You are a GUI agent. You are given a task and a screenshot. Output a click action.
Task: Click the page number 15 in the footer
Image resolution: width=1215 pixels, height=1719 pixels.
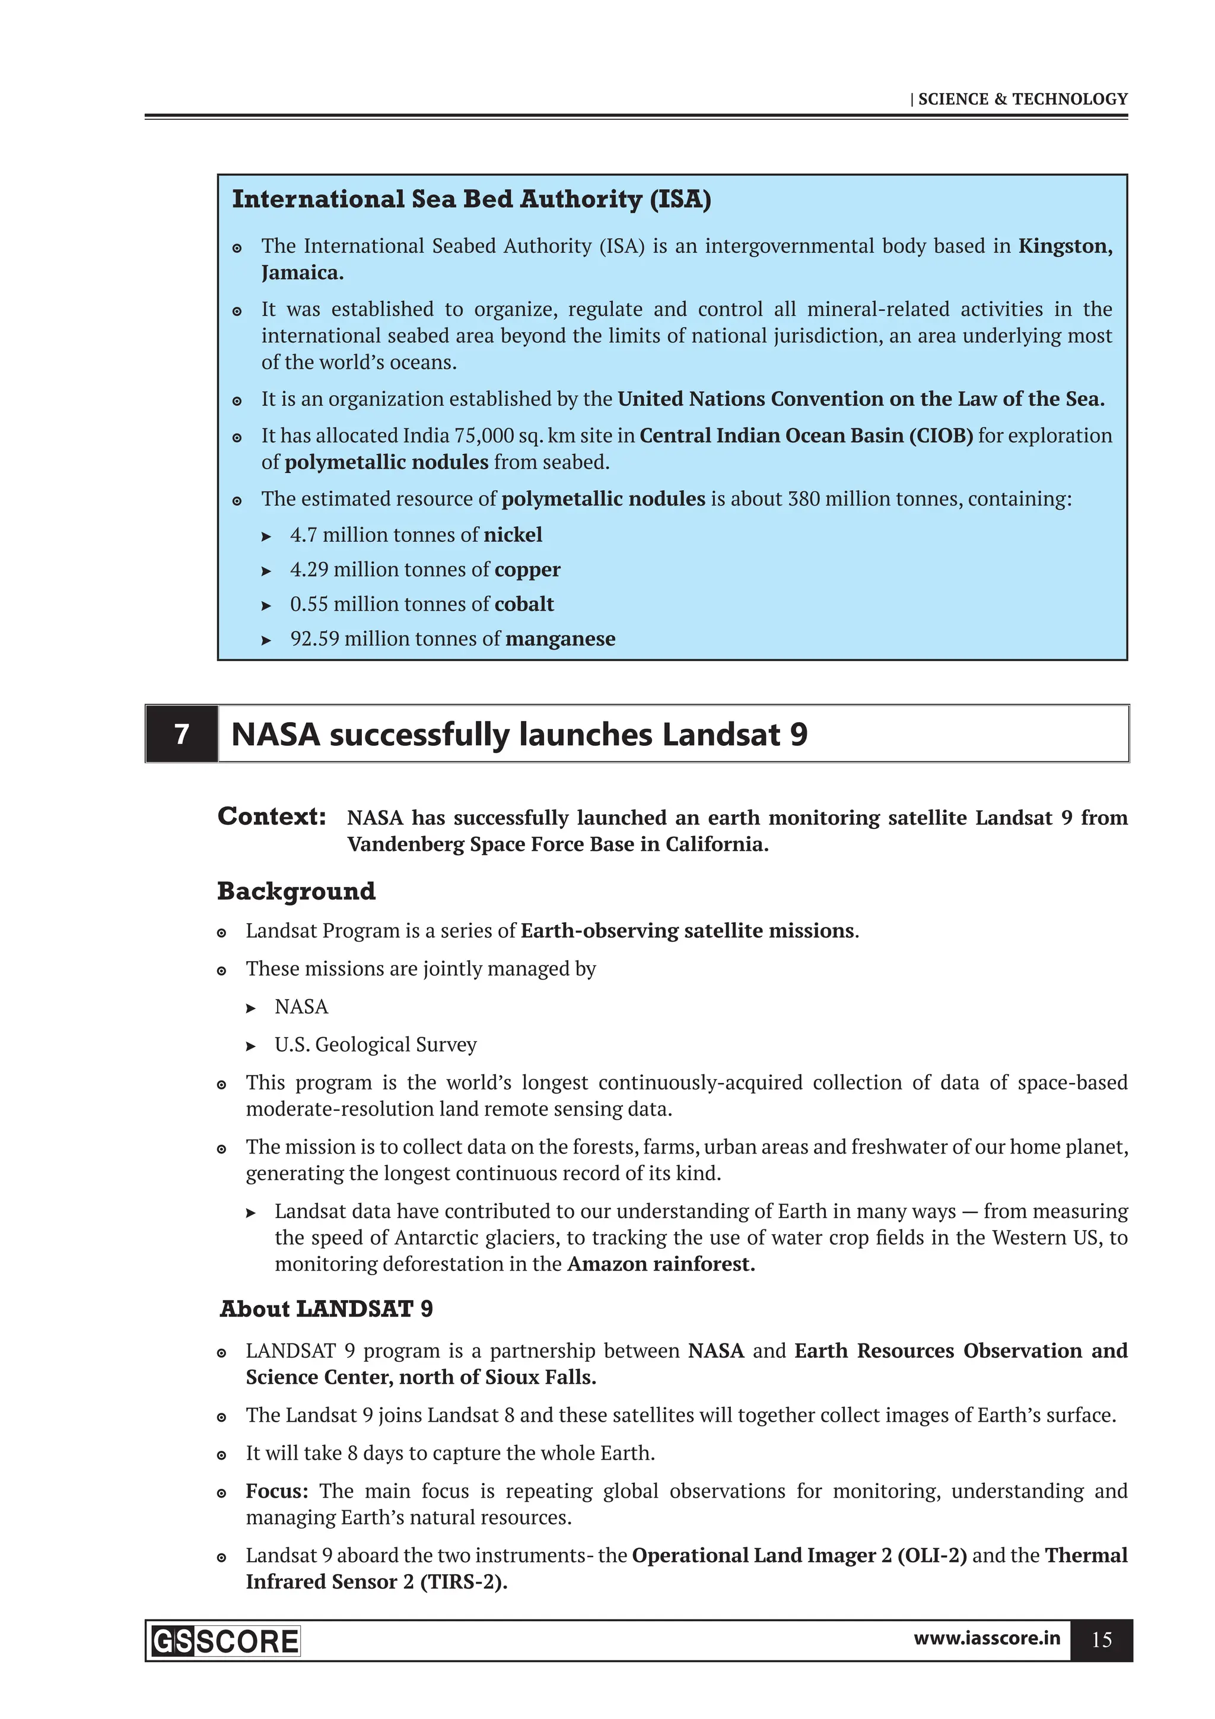point(1101,1639)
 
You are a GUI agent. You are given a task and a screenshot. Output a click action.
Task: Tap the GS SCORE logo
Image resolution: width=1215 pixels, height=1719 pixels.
point(225,1641)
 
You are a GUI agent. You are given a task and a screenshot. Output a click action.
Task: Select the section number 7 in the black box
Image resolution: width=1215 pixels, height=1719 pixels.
point(181,734)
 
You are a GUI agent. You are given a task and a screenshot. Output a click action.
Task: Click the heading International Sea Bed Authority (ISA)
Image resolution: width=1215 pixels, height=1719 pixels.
point(471,199)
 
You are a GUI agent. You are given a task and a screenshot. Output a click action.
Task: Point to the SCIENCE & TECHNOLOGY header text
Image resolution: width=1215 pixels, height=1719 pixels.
point(1022,99)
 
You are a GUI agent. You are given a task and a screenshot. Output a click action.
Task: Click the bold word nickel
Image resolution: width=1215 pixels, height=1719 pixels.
point(513,535)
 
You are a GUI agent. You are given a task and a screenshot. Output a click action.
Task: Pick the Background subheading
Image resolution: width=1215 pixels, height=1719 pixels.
point(297,891)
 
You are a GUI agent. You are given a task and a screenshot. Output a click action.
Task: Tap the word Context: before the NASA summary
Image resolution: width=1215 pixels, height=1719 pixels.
point(272,816)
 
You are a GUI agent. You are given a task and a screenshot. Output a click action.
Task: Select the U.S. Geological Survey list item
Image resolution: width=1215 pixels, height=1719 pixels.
point(375,1044)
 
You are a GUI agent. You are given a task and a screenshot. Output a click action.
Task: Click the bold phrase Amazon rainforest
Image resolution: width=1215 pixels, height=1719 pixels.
point(661,1264)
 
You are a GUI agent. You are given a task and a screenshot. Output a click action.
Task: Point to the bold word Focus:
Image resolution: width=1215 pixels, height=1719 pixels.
point(277,1491)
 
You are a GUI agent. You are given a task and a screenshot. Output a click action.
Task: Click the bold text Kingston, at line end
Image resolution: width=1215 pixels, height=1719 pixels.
point(1064,246)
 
